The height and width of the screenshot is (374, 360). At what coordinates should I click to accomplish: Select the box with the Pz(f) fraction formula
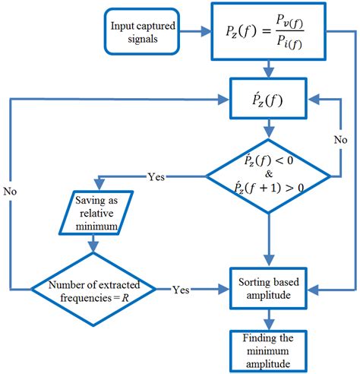[271, 33]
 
